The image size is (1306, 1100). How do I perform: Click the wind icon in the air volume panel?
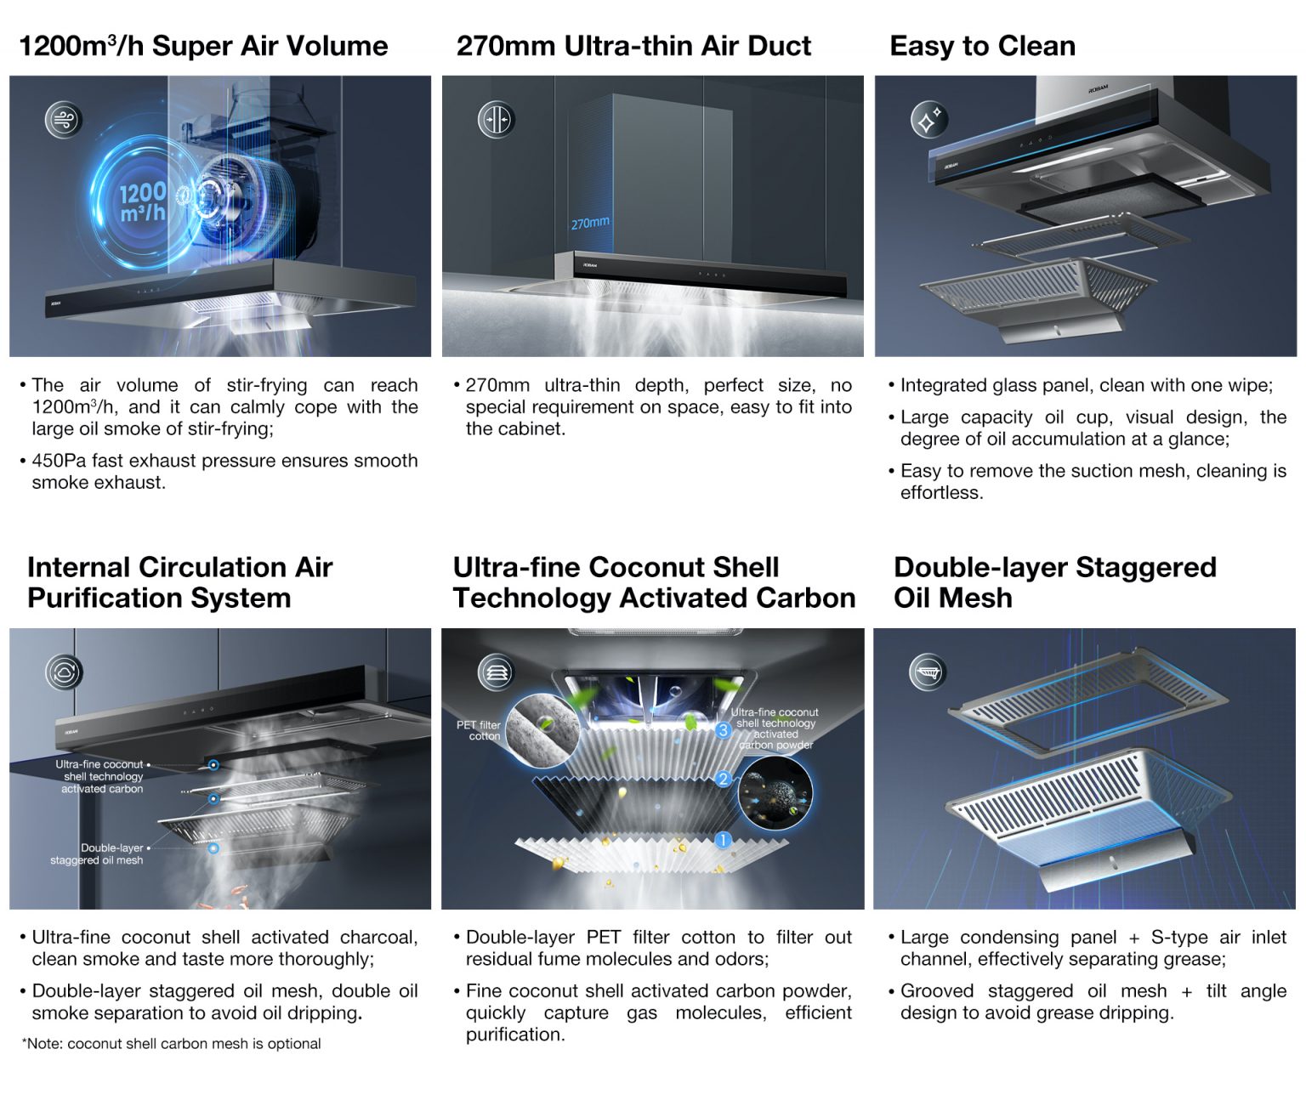click(64, 120)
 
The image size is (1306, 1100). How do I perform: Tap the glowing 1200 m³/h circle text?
click(143, 202)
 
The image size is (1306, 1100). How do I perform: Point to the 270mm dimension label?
click(590, 223)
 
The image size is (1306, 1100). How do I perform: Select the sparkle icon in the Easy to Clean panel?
click(929, 120)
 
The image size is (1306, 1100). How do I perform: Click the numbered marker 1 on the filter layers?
click(723, 840)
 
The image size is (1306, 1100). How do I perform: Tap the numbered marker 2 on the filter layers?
click(723, 779)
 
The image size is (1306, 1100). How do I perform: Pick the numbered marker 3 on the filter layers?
click(723, 729)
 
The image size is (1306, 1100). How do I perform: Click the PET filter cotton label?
click(479, 730)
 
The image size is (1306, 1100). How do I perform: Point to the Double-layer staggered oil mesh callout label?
click(97, 853)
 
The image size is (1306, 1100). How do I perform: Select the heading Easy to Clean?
click(982, 46)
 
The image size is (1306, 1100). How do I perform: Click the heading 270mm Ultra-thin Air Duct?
click(633, 46)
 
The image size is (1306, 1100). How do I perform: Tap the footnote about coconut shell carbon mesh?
click(172, 1043)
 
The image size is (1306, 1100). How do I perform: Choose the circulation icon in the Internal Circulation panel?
click(64, 672)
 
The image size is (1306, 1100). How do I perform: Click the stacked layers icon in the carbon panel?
click(497, 672)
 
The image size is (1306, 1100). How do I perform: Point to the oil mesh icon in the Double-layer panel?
click(928, 672)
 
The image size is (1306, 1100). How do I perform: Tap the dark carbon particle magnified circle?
click(775, 793)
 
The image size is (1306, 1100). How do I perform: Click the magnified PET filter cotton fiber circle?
click(543, 729)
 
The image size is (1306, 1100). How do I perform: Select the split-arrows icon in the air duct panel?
click(497, 120)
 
